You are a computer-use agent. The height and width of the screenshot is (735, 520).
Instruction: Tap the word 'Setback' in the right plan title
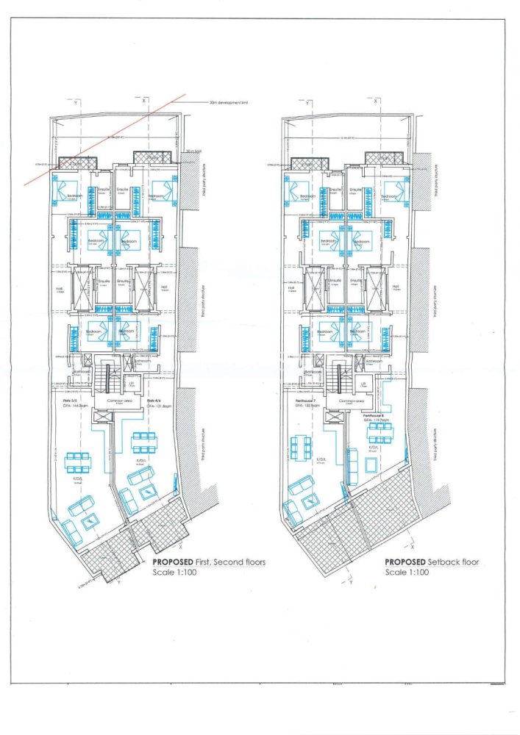pyautogui.click(x=444, y=562)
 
